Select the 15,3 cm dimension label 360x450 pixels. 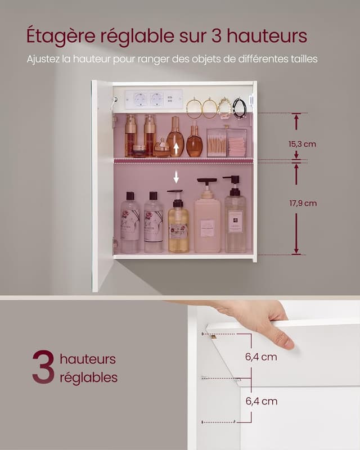pos(303,144)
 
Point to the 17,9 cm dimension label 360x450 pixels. pos(303,203)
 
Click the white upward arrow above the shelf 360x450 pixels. pos(176,148)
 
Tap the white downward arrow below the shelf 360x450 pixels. pos(176,177)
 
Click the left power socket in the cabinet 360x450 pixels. pos(139,100)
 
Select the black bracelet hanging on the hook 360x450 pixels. pos(240,107)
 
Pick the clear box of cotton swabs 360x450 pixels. pos(218,143)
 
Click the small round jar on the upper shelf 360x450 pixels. pos(138,151)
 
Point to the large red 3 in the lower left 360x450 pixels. pos(43,367)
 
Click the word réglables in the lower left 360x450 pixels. pos(88,377)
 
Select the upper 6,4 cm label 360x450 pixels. pos(260,357)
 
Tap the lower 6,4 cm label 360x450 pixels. pos(260,401)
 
